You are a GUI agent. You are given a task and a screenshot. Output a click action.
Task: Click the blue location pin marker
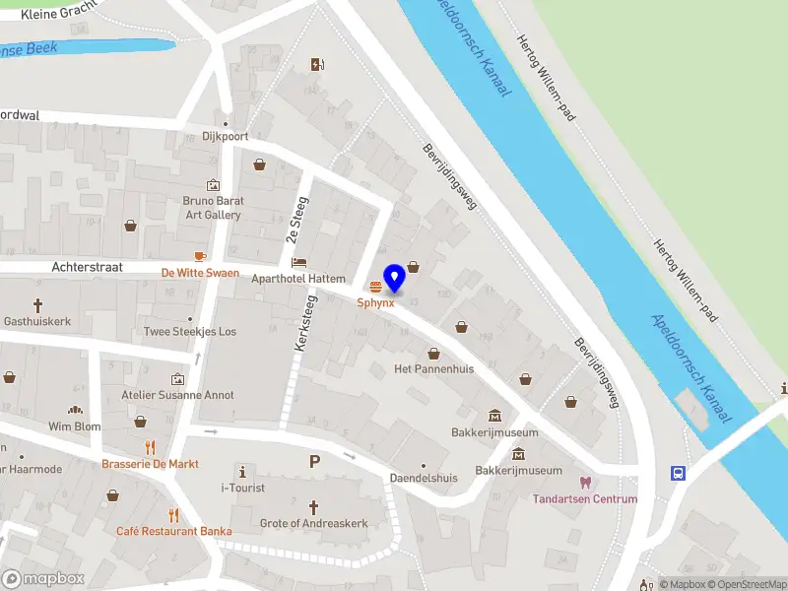[x=394, y=279]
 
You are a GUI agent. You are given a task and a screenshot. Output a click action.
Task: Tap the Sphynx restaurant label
[x=375, y=302]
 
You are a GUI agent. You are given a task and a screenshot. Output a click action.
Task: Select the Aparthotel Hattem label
[x=298, y=279]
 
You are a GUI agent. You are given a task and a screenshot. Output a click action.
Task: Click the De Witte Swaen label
[x=200, y=272]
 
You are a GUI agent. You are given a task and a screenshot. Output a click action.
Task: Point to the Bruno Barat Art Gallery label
[x=212, y=208]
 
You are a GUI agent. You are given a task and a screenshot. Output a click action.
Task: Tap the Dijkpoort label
[x=225, y=137]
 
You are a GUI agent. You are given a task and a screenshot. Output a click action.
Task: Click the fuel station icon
[x=317, y=65]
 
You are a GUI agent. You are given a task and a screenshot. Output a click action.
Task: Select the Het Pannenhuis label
[x=433, y=368]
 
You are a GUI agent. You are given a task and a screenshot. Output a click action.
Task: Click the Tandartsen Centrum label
[x=585, y=498]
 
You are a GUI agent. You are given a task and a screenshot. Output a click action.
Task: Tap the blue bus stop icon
[x=679, y=473]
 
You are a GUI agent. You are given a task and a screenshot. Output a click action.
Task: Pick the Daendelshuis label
[x=424, y=478]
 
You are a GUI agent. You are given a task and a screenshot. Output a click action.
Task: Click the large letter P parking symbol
[x=315, y=461]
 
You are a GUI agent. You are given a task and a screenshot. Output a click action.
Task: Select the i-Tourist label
[x=242, y=488]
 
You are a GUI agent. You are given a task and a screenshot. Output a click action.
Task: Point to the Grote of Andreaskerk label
[x=314, y=523]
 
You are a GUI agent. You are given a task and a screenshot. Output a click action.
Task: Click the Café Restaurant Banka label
[x=173, y=531]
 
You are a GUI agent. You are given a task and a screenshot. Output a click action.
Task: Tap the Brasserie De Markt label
[x=150, y=463]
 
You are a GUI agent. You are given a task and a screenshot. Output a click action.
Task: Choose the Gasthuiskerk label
[x=38, y=322]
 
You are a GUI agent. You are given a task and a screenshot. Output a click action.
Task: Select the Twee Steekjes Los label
[x=190, y=332]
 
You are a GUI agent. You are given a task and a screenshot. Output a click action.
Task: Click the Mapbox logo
[x=43, y=578]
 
